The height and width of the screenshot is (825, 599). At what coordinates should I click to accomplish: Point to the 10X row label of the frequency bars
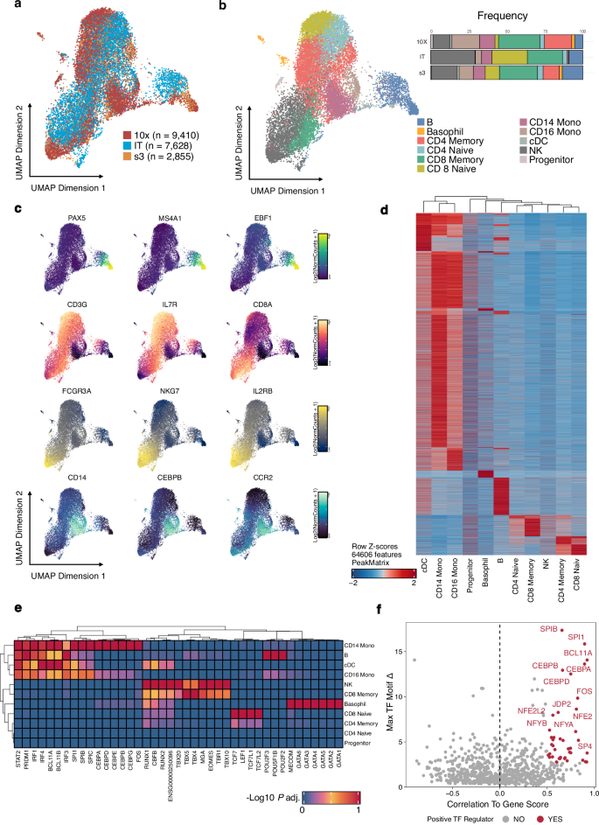point(421,41)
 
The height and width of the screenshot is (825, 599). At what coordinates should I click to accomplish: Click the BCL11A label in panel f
point(568,652)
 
